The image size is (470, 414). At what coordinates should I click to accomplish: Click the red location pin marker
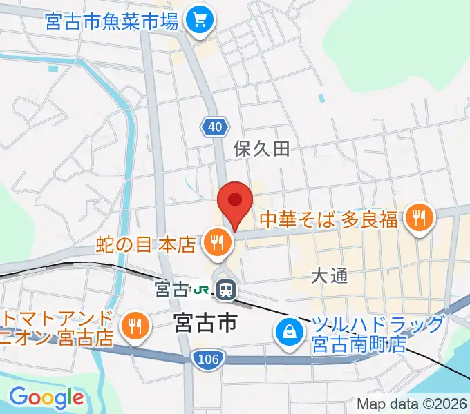[x=234, y=202]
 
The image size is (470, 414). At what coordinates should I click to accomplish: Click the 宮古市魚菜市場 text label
[x=113, y=21]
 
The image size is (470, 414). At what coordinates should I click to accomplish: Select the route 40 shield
[x=215, y=126]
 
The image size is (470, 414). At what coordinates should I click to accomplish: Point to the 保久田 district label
[x=261, y=148]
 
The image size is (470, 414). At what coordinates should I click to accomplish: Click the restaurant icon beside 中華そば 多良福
[x=419, y=219]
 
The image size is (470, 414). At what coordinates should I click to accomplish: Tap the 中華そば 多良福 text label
[x=329, y=219]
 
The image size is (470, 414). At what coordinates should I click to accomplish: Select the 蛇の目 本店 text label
[x=147, y=243]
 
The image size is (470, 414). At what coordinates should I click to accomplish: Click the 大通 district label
[x=329, y=276]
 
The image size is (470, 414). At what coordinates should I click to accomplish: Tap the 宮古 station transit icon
[x=225, y=290]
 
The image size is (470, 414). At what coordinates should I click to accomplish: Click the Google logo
[x=46, y=398]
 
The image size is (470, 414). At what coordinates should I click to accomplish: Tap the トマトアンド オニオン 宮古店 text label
[x=55, y=328]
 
